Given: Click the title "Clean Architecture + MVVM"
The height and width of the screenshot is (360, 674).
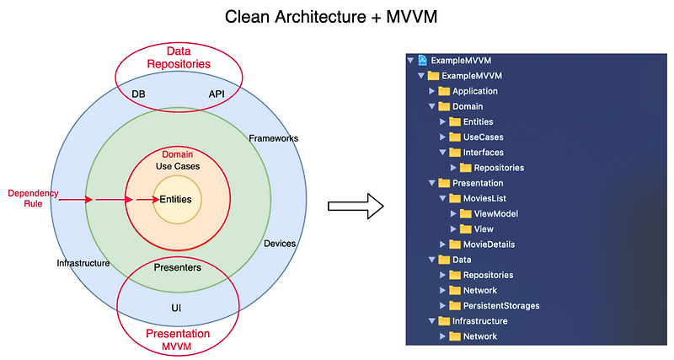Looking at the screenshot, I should pos(337,17).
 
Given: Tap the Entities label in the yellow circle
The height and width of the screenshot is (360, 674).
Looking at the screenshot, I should pos(176,200).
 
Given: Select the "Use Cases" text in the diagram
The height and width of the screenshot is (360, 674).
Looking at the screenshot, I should pos(177,166).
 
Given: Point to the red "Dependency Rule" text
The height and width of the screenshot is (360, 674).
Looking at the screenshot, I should pos(33,198).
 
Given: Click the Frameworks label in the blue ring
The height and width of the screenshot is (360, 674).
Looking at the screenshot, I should pos(273,138).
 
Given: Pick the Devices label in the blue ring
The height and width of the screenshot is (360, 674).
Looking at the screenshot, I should pos(280,244).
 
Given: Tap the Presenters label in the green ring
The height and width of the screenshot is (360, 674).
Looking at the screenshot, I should pos(177,267).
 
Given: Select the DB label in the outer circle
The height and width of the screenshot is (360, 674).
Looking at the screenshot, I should pos(138,94).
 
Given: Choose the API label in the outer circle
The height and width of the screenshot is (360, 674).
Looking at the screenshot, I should pos(217,94).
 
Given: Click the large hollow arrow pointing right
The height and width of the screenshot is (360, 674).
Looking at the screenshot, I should pos(355,207).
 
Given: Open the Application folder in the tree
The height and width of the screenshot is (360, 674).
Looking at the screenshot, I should pos(475,91).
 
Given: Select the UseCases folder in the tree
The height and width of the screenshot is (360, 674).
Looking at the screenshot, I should pos(483,137).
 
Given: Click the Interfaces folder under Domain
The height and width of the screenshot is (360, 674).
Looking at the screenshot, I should pos(483,153).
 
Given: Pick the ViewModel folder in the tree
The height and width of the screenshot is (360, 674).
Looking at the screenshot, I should pos(495,213).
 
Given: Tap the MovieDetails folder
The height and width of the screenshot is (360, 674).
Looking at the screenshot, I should pos(489,244).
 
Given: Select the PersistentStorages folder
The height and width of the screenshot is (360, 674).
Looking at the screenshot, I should pos(500,305).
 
